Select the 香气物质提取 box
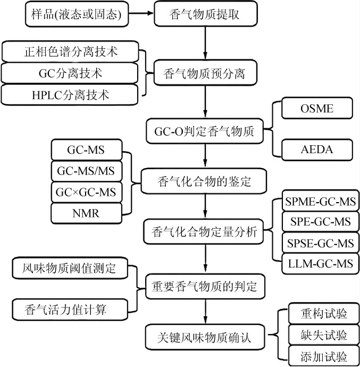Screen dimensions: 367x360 tap(204, 14)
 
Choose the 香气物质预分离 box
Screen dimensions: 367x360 tap(204, 74)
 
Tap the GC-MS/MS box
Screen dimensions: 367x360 tap(86, 171)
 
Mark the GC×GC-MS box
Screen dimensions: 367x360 tap(86, 192)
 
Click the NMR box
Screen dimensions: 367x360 tap(86, 213)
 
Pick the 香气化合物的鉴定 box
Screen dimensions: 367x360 tap(204, 181)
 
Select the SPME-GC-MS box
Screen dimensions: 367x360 tap(320, 203)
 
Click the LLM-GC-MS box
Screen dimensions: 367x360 tap(320, 263)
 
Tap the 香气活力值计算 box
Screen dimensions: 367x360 tap(70, 308)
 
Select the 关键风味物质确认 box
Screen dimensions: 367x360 tap(204, 338)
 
